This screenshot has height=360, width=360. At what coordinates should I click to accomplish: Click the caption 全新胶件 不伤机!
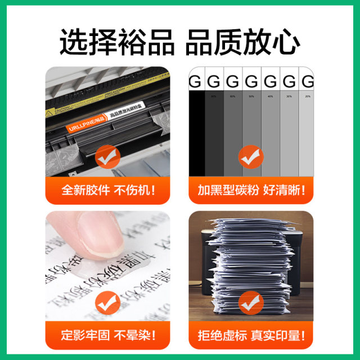pyautogui.click(x=107, y=190)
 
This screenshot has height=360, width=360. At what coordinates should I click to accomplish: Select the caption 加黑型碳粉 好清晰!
pyautogui.click(x=251, y=190)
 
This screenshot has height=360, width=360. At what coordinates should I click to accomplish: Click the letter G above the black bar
pyautogui.click(x=195, y=82)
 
